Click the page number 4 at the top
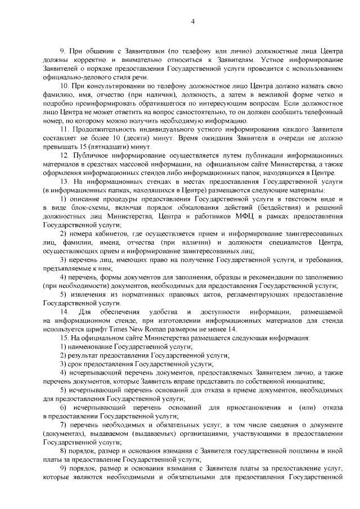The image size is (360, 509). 192,22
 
